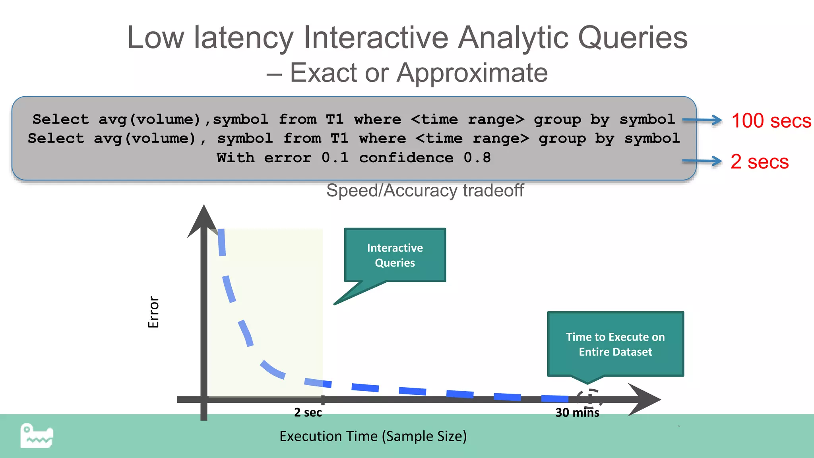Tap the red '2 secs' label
click(759, 162)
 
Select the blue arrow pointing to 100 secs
click(702, 120)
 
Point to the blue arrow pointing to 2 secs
click(702, 161)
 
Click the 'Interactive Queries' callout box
click(395, 255)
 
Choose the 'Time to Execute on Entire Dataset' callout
click(615, 344)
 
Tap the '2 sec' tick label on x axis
click(308, 412)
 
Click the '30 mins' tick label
click(577, 413)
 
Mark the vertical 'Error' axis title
click(153, 312)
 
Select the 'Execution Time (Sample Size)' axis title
click(373, 436)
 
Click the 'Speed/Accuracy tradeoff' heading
click(424, 190)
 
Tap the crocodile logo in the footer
click(37, 436)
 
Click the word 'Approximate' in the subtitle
click(472, 73)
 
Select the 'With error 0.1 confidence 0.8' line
click(353, 158)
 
